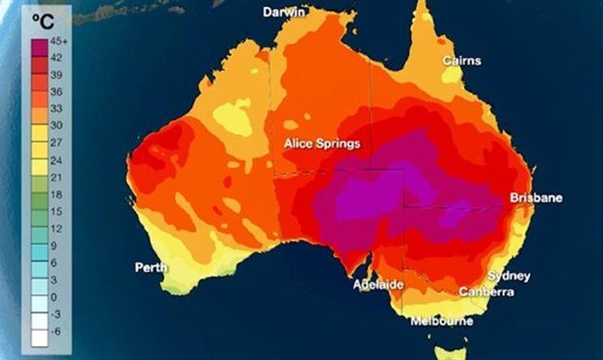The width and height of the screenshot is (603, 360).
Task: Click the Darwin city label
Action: point(284,12)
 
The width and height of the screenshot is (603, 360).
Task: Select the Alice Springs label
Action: point(321,144)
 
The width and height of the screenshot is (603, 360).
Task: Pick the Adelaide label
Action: point(377,285)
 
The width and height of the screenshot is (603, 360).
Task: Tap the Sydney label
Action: point(508,275)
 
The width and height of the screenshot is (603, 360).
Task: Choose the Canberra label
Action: point(487,293)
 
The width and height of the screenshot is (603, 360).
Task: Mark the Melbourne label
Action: point(442,321)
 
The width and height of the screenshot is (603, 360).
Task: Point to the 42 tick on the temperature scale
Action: point(53,59)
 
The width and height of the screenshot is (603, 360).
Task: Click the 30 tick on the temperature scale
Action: point(53,125)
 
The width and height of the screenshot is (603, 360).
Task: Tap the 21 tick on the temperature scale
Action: point(53,177)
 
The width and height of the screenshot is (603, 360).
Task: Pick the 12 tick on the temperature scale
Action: point(53,228)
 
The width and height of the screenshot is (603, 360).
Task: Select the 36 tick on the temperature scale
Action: point(53,92)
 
